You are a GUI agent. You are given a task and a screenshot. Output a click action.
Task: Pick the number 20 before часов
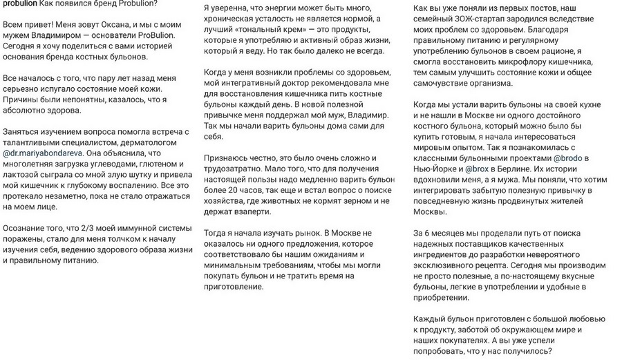pyautogui.click(x=234, y=189)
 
